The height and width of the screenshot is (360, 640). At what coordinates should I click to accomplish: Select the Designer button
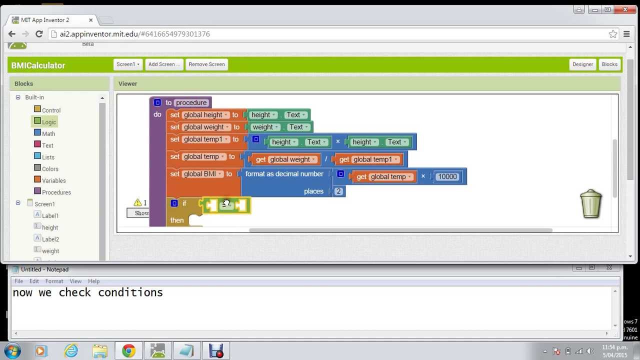582,64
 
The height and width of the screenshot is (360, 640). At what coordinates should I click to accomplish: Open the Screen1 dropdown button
128,64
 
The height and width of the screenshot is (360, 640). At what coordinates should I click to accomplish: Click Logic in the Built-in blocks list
49,122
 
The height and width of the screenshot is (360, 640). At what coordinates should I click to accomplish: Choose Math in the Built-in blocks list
48,133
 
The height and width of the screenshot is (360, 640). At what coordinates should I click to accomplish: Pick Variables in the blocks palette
53,180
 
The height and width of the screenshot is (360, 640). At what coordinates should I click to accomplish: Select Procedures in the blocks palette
56,192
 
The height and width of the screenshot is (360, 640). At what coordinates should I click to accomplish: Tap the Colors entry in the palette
50,169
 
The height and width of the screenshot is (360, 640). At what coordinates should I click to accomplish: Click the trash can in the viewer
591,203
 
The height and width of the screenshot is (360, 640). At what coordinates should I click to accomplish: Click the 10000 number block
447,176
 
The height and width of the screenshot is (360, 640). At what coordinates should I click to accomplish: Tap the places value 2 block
338,191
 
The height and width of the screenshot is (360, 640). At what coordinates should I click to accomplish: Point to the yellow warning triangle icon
137,202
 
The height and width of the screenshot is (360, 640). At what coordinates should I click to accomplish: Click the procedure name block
191,102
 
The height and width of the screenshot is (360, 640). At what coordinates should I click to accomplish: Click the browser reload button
39,34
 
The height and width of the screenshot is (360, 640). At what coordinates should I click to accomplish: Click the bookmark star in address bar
613,34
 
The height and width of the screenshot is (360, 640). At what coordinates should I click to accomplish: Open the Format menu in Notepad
54,281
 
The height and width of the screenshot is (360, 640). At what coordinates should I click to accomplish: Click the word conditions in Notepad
130,292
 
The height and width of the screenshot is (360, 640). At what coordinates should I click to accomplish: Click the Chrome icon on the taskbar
128,351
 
